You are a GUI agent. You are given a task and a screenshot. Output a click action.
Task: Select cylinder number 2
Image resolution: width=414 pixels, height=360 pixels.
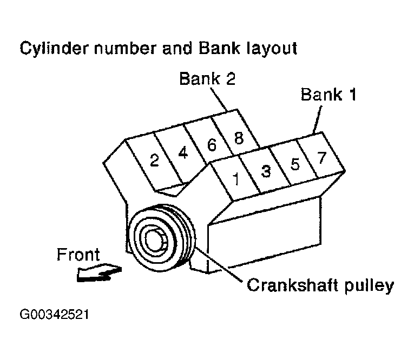(x=154, y=161)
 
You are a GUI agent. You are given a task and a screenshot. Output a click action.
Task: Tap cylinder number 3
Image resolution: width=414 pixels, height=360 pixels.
(x=266, y=171)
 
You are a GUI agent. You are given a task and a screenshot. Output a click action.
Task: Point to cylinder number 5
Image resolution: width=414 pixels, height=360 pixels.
(x=294, y=164)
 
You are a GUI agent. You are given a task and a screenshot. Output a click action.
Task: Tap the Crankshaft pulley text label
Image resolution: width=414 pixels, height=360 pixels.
(x=319, y=285)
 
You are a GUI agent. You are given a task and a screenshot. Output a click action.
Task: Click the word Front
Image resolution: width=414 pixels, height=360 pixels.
(x=78, y=255)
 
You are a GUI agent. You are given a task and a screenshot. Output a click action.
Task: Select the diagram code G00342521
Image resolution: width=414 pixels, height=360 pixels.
(x=54, y=314)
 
